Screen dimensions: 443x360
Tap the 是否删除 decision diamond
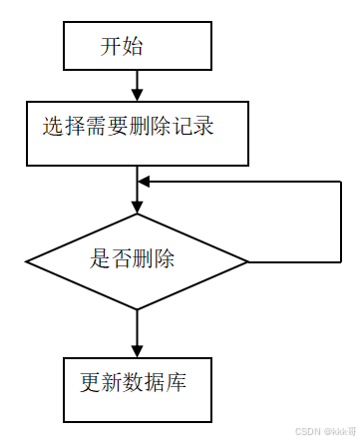coord(137,262)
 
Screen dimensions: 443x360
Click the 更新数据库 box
coord(137,387)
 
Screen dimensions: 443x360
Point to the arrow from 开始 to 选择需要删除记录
coord(137,86)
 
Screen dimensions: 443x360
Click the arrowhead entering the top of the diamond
coord(137,208)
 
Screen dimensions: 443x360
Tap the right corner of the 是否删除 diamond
coord(246,262)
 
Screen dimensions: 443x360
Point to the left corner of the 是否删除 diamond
coord(28,262)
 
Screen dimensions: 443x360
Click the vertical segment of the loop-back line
coord(344,221)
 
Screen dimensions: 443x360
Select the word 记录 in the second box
coord(196,128)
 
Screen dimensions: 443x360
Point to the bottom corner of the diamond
coord(137,310)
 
